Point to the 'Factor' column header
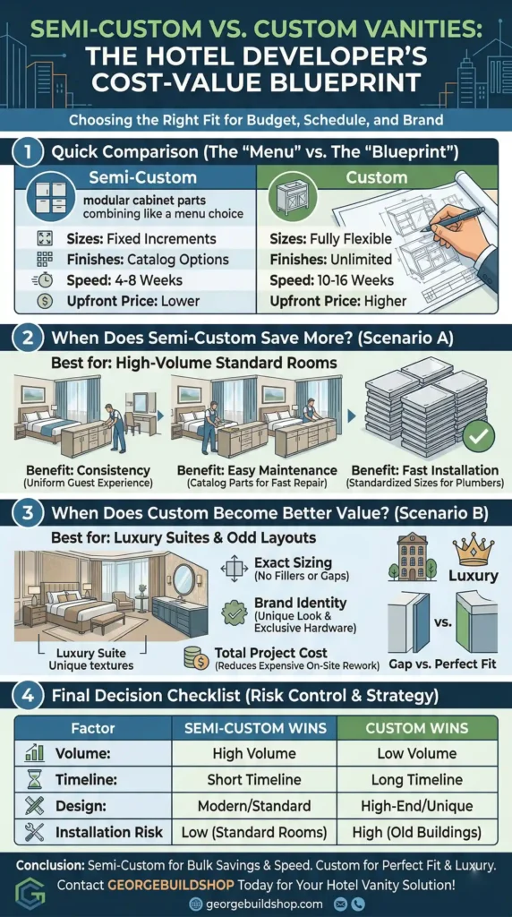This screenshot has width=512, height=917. [x=92, y=727]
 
